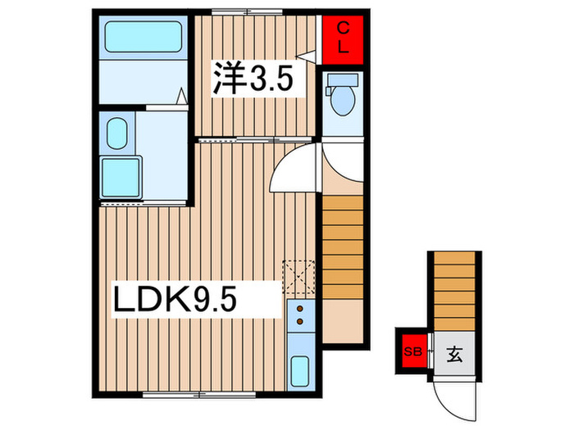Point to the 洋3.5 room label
(x=252, y=80)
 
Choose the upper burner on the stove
(x=299, y=310)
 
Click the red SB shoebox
(x=411, y=353)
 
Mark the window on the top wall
(x=247, y=12)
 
